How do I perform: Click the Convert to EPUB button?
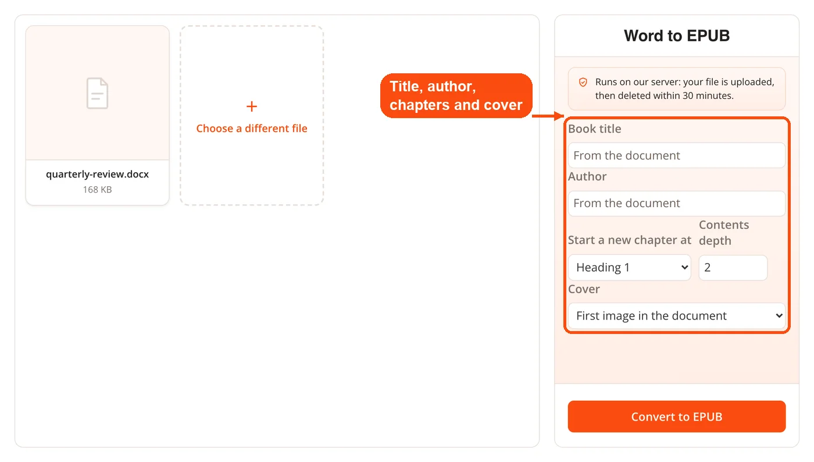tap(677, 417)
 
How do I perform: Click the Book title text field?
tap(677, 155)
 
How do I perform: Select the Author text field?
tap(677, 203)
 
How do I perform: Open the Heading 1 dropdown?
tap(629, 268)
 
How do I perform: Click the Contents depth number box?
tap(733, 268)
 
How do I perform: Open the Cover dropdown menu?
tap(677, 315)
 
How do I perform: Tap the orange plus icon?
tap(251, 106)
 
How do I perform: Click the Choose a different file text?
tap(251, 129)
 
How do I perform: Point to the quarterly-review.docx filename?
tap(98, 174)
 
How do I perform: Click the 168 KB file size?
tap(98, 190)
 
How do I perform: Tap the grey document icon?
tap(98, 93)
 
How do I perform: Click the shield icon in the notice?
tap(583, 82)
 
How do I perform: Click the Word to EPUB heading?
tap(677, 35)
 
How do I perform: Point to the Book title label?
tap(594, 129)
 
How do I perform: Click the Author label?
tap(587, 176)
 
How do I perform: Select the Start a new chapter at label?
tap(629, 240)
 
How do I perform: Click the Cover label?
tap(584, 289)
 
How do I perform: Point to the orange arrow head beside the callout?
tap(559, 116)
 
